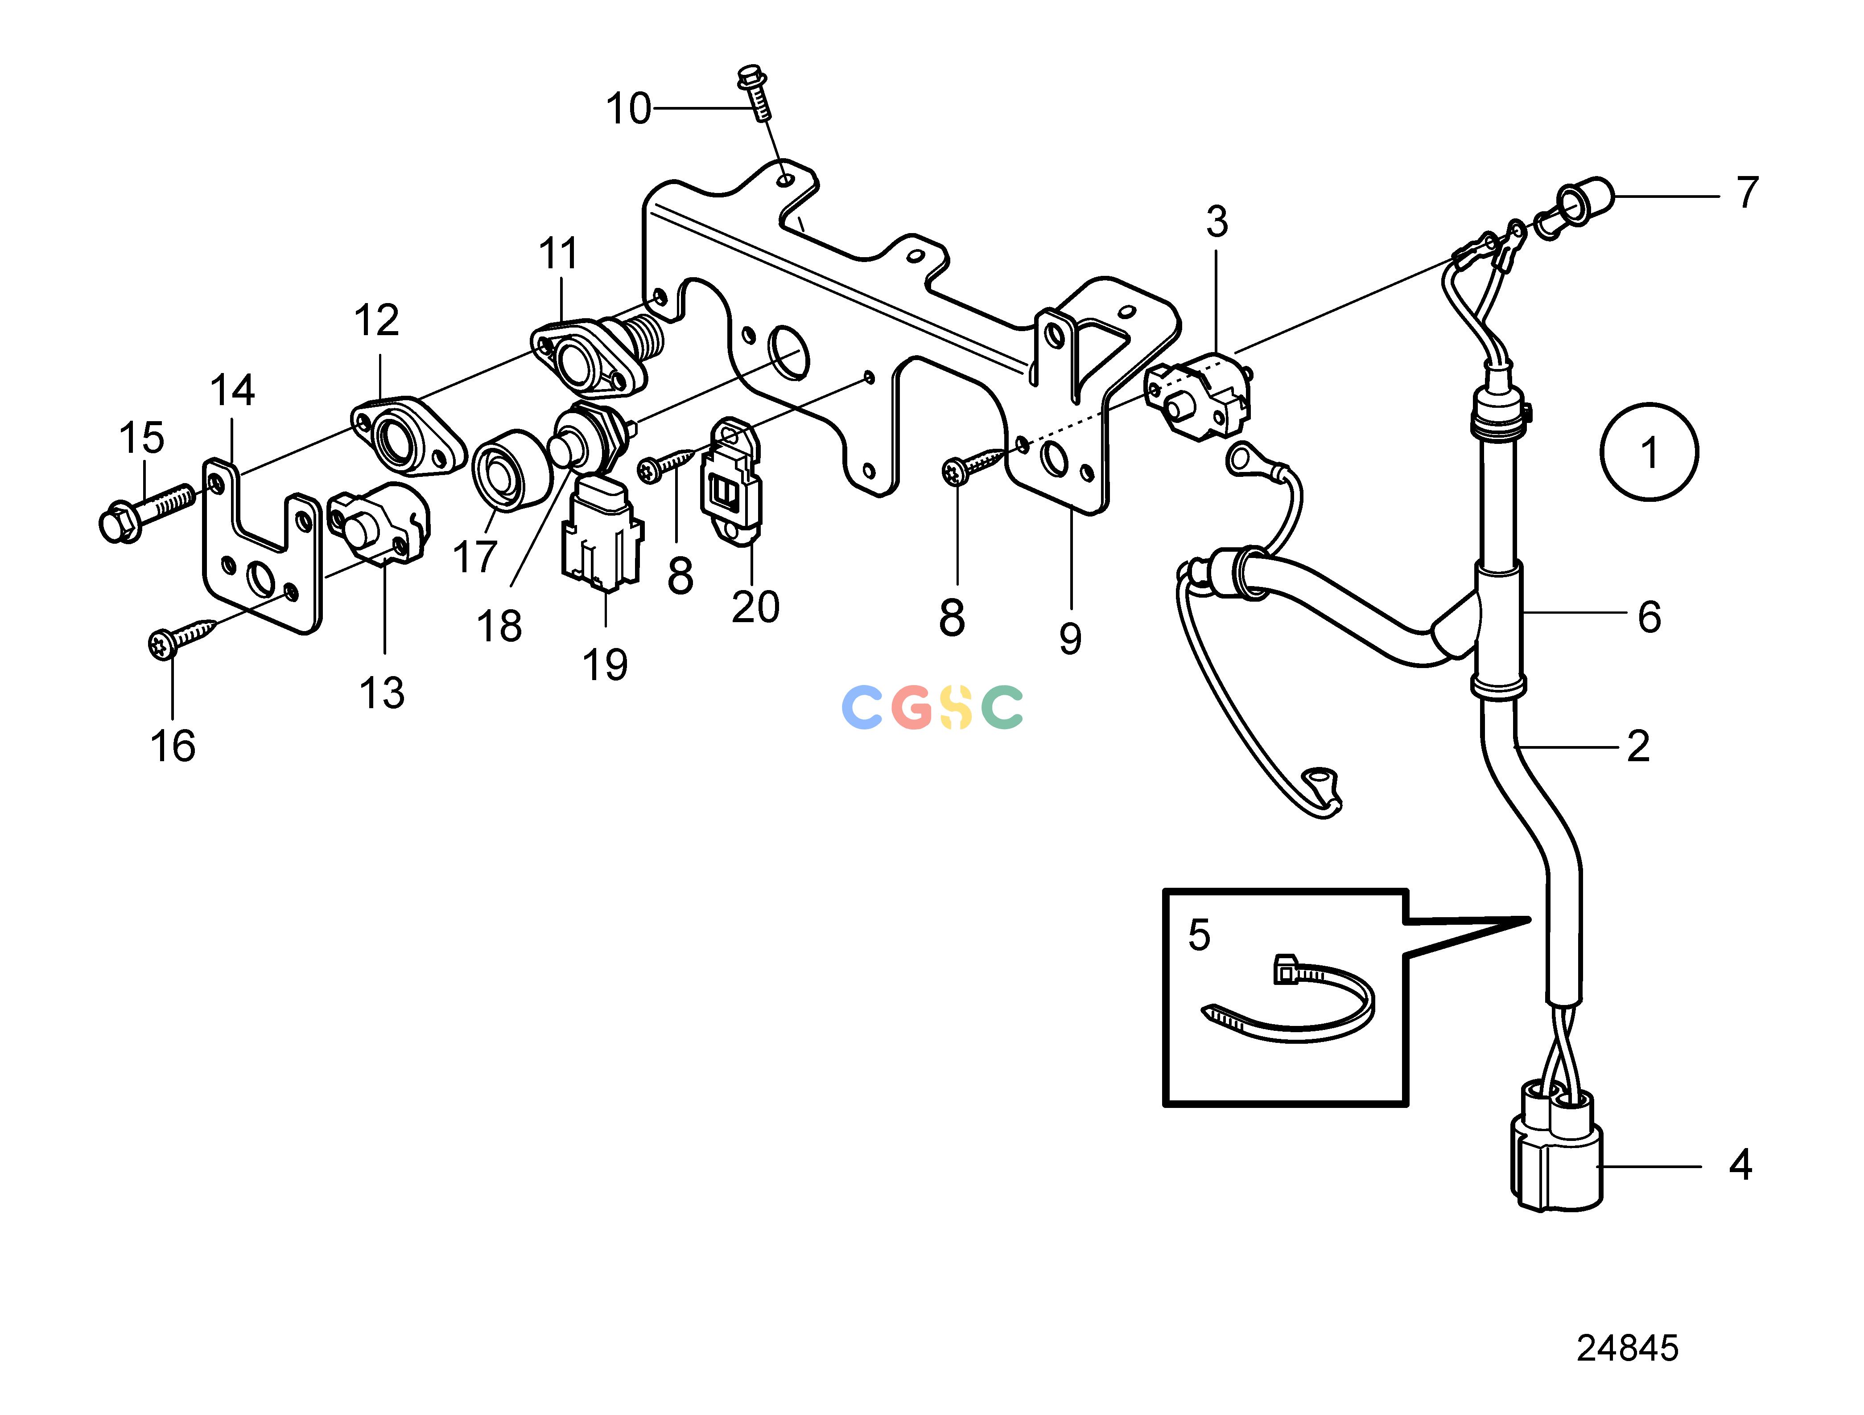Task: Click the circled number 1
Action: point(1649,452)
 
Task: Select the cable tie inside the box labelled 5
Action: point(1287,1000)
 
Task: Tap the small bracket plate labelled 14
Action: point(262,547)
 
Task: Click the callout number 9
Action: point(1070,639)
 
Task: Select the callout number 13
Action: point(382,692)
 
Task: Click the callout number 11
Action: point(558,253)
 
